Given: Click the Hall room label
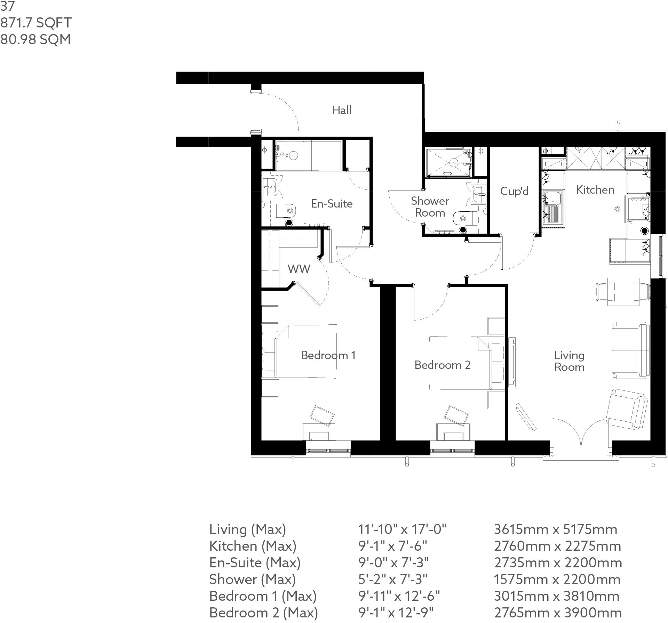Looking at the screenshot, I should tap(341, 110).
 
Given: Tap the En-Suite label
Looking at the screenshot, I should tap(332, 203).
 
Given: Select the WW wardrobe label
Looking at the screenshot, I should tap(299, 269).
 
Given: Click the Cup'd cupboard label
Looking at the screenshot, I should tap(514, 191).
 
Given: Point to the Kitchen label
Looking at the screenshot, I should tap(595, 189).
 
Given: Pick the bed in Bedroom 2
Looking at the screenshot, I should tap(459, 363).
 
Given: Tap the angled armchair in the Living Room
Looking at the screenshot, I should tap(627, 409).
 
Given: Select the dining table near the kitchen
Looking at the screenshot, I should tap(623, 291).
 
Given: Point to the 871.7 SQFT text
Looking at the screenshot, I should tap(36, 23).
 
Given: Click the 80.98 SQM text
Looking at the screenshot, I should tap(35, 39).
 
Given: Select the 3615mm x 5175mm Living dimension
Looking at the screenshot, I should tap(555, 529).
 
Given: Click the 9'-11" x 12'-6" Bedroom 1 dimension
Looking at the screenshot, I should tap(399, 596).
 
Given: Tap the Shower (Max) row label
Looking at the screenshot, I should tap(252, 579).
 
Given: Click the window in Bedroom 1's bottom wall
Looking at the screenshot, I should tap(328, 451).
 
